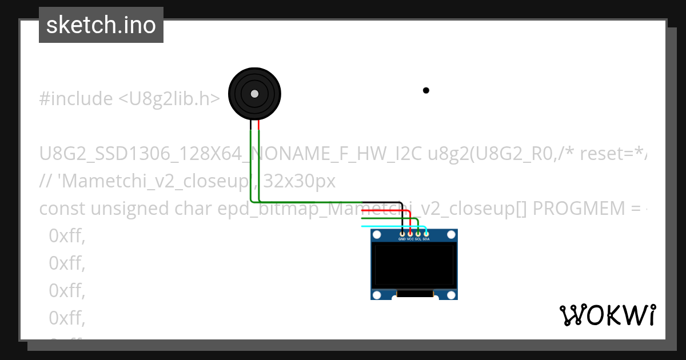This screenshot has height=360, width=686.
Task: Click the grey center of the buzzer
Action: (254, 94)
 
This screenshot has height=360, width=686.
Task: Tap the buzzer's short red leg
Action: (258, 125)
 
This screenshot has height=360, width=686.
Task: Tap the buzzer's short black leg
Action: (250, 125)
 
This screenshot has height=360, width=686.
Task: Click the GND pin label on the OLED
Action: (402, 239)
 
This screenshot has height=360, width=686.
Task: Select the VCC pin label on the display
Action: (410, 239)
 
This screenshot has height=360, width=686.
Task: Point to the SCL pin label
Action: (418, 239)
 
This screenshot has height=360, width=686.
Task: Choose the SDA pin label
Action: (426, 239)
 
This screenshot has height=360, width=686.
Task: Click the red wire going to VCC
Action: (389, 211)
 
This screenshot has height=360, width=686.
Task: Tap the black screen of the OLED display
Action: (414, 266)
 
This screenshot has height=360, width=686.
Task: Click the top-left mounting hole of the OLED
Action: (377, 235)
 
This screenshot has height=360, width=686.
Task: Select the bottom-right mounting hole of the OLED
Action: (451, 294)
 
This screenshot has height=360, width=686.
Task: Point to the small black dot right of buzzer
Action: (426, 90)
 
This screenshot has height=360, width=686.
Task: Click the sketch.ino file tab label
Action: (101, 25)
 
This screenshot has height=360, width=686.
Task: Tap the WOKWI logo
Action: (607, 315)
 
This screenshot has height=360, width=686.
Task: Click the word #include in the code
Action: (76, 99)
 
